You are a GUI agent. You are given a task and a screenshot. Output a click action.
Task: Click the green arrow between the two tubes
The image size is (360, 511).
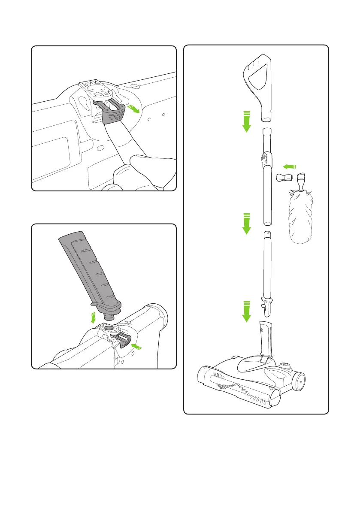(246, 224)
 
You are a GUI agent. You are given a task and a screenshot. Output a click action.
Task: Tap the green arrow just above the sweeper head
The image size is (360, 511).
(246, 311)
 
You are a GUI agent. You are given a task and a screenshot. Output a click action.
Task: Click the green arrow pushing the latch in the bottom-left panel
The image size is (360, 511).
(139, 347)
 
